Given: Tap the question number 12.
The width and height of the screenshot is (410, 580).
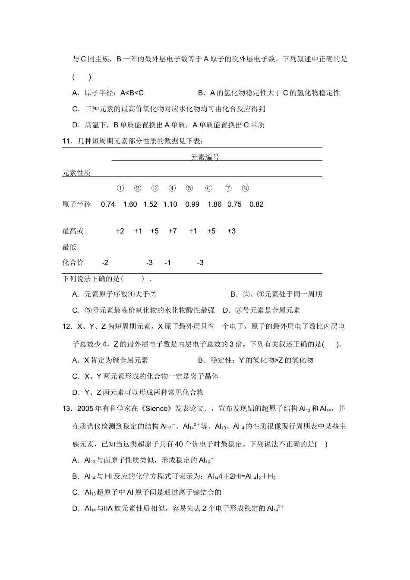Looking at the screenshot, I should click(x=67, y=327).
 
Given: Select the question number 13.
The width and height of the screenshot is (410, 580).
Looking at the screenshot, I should click(x=67, y=409).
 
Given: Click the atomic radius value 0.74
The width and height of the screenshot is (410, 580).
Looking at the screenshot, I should click(x=108, y=205).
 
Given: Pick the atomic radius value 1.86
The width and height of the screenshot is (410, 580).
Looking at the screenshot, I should click(x=214, y=205).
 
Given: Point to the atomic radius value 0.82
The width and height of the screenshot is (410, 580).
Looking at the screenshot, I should click(x=256, y=205).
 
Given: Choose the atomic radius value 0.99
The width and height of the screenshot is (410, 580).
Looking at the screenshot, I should click(x=192, y=205).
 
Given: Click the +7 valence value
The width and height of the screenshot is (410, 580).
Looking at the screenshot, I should click(x=172, y=231).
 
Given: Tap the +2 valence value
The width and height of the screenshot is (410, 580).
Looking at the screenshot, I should click(x=120, y=231).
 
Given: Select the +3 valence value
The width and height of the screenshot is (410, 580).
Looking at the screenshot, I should click(x=231, y=231).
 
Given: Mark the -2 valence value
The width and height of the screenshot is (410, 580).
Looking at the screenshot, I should click(x=105, y=263).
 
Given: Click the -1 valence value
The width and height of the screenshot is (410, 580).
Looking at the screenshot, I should click(x=168, y=263).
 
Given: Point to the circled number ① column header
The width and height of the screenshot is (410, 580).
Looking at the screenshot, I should click(x=120, y=189).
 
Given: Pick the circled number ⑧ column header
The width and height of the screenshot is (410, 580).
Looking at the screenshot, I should click(x=245, y=189).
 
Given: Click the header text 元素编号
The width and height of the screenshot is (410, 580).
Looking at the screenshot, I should click(x=205, y=158).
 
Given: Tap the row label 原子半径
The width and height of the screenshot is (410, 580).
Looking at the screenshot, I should click(x=76, y=205).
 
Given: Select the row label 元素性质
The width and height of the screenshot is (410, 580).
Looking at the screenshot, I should click(x=76, y=173).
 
